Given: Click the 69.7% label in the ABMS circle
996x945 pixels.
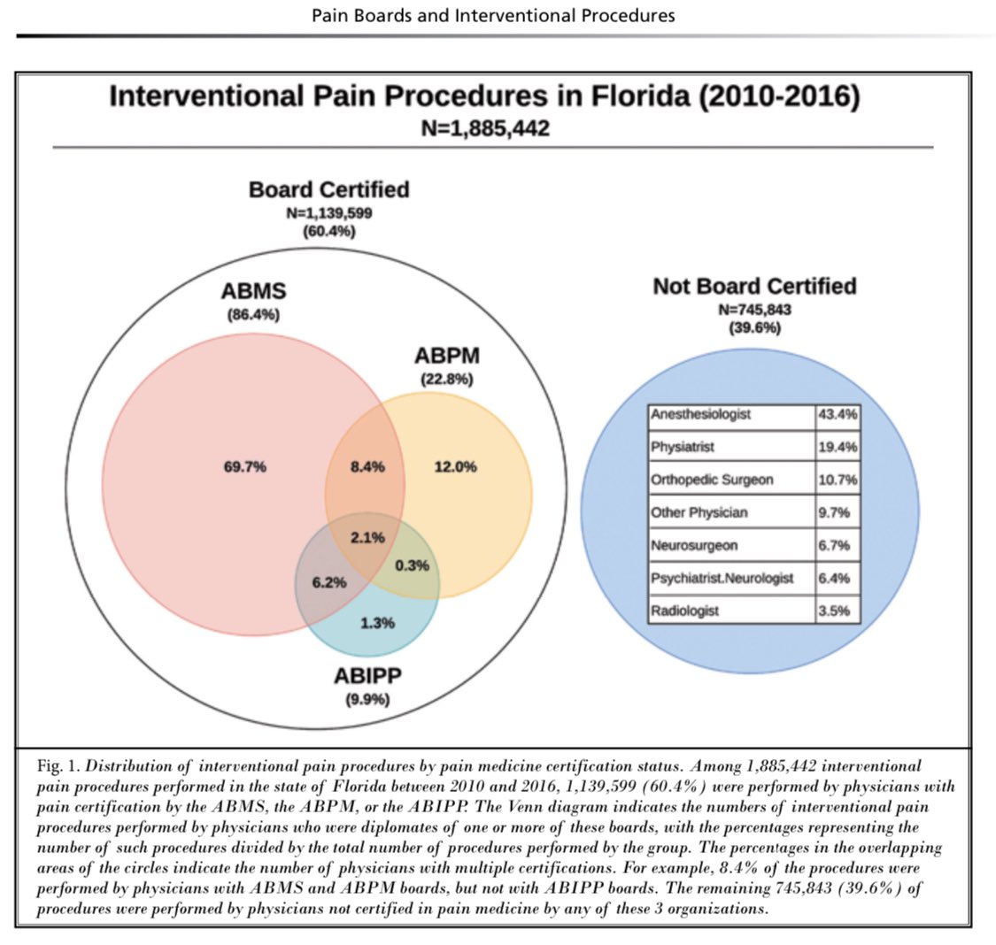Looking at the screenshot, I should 245,467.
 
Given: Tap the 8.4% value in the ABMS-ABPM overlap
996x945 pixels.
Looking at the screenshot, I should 367,467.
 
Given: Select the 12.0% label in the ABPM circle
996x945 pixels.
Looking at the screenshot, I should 455,467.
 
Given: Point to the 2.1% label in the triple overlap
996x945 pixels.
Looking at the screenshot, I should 367,537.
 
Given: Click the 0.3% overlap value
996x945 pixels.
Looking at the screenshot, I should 412,565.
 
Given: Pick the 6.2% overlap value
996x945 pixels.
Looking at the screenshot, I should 328,583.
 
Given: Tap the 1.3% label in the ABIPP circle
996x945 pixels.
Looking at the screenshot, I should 377,623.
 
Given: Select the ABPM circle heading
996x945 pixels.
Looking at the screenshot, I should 446,357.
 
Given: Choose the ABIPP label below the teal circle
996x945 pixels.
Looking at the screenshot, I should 367,677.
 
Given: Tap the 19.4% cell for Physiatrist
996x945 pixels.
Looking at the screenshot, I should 837,447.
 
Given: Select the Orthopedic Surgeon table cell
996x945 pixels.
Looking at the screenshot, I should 712,480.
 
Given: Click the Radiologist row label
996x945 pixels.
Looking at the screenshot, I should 684,611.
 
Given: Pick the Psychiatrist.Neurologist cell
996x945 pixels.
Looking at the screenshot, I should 722,578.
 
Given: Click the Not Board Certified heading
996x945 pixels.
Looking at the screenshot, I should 754,286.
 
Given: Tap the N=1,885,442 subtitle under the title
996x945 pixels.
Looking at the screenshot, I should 484,128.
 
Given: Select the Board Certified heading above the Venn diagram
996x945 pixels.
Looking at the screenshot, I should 328,189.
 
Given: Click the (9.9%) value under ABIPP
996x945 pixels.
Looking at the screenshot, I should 367,700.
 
